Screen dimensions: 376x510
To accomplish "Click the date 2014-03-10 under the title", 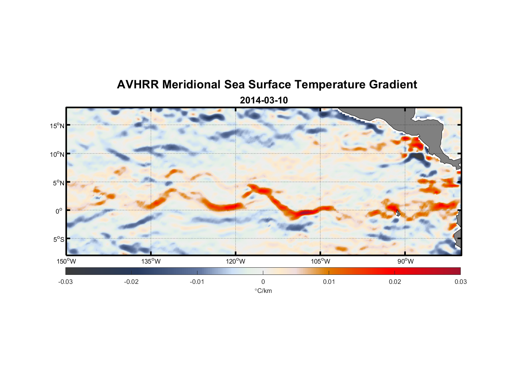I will pyautogui.click(x=264, y=100).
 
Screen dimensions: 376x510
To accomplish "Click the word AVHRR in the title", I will pyautogui.click(x=138, y=85).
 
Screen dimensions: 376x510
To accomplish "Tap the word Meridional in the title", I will pyautogui.click(x=191, y=85).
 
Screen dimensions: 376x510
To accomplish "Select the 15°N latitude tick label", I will pyautogui.click(x=57, y=126).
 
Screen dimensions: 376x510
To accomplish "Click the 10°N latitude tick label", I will pyautogui.click(x=57, y=154).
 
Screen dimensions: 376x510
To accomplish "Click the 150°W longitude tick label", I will pyautogui.click(x=66, y=261).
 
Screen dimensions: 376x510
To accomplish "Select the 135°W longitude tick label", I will pyautogui.click(x=151, y=261).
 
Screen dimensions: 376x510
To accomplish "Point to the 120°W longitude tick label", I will pyautogui.click(x=235, y=261).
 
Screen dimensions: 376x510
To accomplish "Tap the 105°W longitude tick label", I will pyautogui.click(x=320, y=261).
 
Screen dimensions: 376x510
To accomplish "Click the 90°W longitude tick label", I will pyautogui.click(x=405, y=261).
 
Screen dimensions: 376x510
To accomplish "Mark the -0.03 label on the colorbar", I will pyautogui.click(x=65, y=282).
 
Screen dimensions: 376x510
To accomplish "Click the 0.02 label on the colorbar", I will pyautogui.click(x=395, y=282).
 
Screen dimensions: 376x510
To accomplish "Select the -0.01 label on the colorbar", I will pyautogui.click(x=197, y=282).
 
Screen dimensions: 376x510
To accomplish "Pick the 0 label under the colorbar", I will pyautogui.click(x=263, y=282).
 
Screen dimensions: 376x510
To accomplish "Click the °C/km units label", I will pyautogui.click(x=263, y=291).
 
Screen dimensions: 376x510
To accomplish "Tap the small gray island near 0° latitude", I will pyautogui.click(x=398, y=213).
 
